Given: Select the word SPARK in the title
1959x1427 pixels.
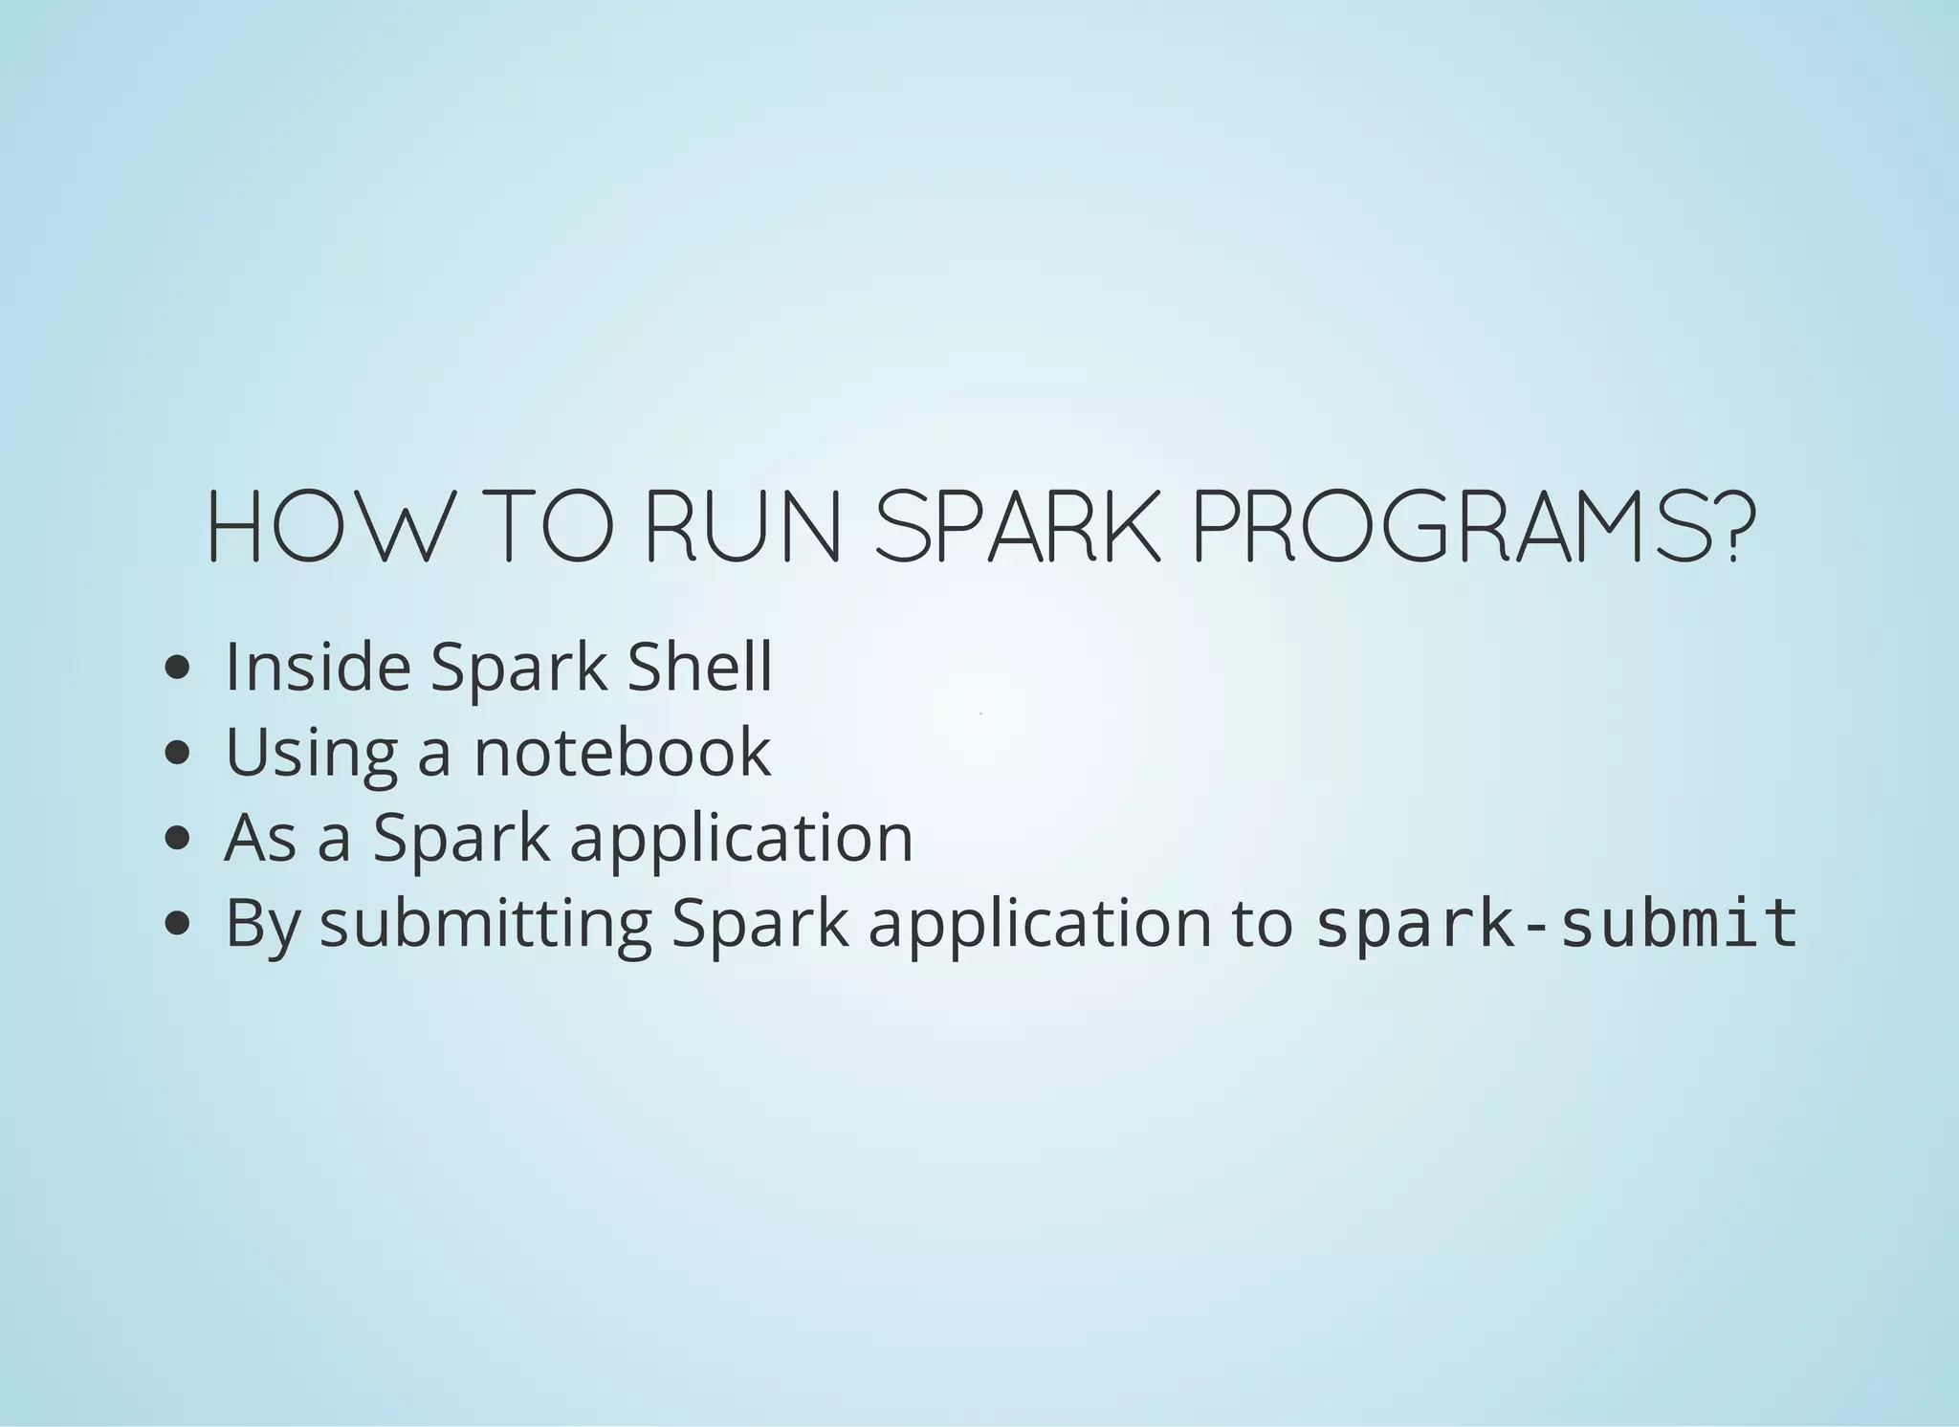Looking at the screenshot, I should point(1017,527).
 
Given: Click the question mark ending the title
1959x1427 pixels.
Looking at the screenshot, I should point(1739,527).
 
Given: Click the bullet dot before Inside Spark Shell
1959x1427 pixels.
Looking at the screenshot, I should point(177,669).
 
